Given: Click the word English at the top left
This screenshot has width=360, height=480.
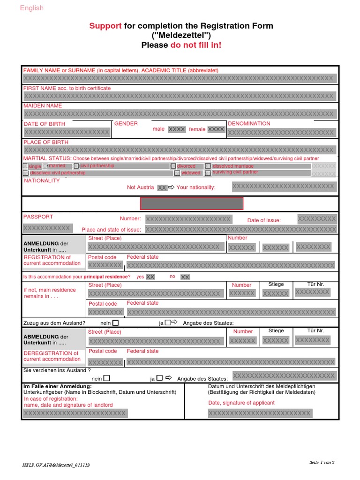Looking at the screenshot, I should click(31, 8).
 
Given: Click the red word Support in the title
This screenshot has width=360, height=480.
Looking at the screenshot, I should click(105, 26).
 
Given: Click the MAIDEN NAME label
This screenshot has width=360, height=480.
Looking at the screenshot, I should click(43, 106).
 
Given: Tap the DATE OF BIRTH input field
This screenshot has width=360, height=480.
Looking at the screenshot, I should click(67, 132).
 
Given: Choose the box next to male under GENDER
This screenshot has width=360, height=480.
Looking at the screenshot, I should click(177, 129).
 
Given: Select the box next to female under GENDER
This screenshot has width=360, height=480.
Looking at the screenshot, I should click(216, 129).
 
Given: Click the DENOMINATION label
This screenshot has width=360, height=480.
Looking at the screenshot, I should click(249, 124).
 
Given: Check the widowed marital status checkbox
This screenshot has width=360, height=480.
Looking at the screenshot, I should click(177, 173).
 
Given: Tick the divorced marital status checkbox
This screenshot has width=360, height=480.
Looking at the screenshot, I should click(173, 166).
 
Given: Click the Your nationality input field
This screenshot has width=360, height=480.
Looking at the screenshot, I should click(284, 187).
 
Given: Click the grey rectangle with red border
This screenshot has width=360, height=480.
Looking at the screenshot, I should click(192, 203).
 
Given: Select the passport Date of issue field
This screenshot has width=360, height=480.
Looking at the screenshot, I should click(317, 219).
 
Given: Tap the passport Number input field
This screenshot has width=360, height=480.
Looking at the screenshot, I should click(188, 219).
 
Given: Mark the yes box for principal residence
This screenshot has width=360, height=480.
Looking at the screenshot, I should click(150, 277).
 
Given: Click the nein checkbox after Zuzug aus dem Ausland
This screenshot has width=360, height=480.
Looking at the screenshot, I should click(116, 323).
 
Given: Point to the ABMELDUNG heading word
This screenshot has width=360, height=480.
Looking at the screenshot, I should click(41, 337).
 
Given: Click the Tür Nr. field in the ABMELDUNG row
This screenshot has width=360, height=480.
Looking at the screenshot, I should click(313, 340).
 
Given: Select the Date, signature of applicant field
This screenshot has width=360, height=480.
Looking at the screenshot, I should click(259, 413).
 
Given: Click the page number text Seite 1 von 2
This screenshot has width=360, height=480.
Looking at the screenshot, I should click(322, 462).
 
